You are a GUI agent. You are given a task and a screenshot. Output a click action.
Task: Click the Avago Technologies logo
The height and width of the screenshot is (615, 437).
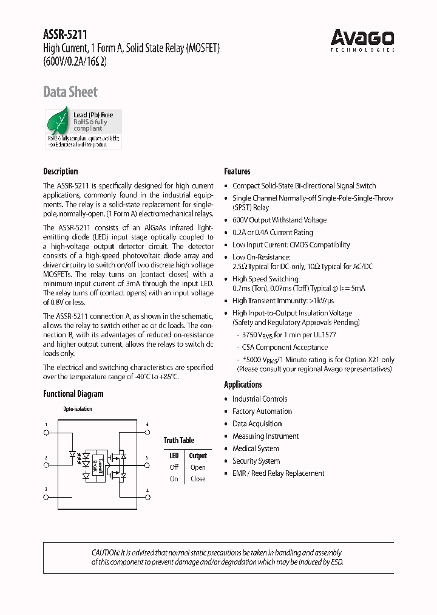pyautogui.click(x=362, y=40)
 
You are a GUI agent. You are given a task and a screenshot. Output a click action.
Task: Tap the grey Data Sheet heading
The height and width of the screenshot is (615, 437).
pyautogui.click(x=70, y=92)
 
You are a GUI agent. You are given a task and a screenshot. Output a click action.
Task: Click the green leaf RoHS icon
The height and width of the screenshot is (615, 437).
pyautogui.click(x=59, y=121)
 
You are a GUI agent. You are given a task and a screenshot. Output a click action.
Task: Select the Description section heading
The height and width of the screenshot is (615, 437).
pyautogui.click(x=61, y=171)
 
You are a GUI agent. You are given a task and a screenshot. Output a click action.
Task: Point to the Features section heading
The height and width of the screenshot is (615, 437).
pyautogui.click(x=237, y=171)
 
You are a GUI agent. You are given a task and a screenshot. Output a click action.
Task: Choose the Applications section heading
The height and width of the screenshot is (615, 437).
pyautogui.click(x=243, y=384)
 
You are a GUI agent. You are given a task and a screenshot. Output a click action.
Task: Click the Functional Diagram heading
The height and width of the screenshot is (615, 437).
pyautogui.click(x=73, y=394)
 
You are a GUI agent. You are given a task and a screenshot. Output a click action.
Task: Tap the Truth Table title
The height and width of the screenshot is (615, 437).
pyautogui.click(x=179, y=440)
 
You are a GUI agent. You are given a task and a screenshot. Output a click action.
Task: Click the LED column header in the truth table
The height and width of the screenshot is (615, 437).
pyautogui.click(x=174, y=456)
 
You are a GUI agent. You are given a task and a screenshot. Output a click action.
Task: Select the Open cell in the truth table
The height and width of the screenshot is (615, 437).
pyautogui.click(x=198, y=467)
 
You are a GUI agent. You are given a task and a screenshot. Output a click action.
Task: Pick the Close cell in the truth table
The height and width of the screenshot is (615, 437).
pyautogui.click(x=198, y=479)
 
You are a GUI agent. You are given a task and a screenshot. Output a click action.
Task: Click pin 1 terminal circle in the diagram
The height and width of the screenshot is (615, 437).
pyautogui.click(x=46, y=433)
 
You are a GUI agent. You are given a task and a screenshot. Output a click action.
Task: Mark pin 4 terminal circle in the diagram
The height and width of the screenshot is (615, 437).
pyautogui.click(x=147, y=497)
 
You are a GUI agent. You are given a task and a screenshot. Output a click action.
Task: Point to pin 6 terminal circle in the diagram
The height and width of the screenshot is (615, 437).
pyautogui.click(x=147, y=433)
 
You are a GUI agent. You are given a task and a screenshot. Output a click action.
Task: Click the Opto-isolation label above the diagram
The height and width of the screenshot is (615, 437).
pyautogui.click(x=78, y=409)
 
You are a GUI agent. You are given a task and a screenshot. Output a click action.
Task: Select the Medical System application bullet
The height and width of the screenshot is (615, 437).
pyautogui.click(x=256, y=448)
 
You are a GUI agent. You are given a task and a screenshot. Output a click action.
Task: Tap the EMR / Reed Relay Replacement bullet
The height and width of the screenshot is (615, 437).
pyautogui.click(x=278, y=473)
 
